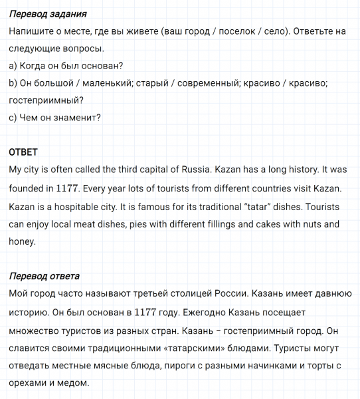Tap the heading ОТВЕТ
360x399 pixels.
point(23,152)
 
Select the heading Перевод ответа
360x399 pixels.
point(45,276)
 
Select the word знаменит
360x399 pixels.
point(77,118)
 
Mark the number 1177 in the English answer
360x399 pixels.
point(68,188)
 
